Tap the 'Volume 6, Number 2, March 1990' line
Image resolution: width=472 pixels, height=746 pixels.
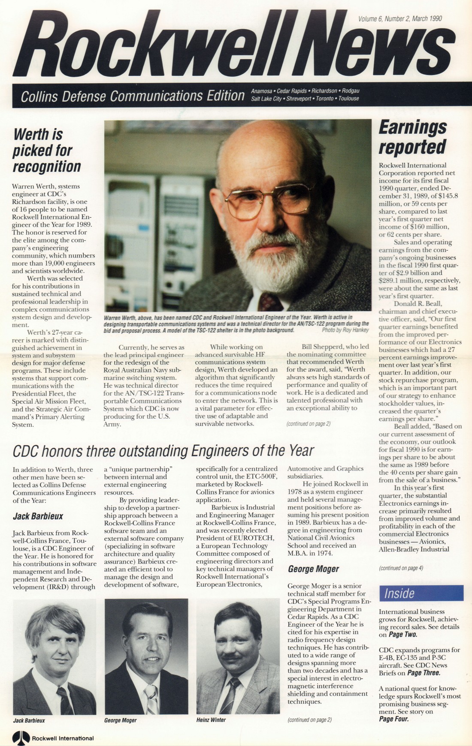tap(400, 18)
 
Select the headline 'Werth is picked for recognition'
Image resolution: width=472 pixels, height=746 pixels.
tap(47, 150)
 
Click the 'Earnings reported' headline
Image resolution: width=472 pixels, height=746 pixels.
tap(412, 137)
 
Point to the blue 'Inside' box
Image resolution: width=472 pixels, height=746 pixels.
tap(421, 593)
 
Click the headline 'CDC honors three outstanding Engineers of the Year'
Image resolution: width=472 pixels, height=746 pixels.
tap(163, 451)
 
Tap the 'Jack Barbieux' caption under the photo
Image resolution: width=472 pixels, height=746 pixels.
tap(29, 720)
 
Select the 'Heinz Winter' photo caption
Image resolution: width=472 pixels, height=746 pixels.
tap(211, 720)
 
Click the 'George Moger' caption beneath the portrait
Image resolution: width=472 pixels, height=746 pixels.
tap(120, 720)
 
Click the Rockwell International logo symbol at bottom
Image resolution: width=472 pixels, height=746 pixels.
tap(21, 738)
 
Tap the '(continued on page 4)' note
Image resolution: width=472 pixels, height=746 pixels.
tap(401, 568)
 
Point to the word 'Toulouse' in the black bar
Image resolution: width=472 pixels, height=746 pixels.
tap(348, 99)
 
